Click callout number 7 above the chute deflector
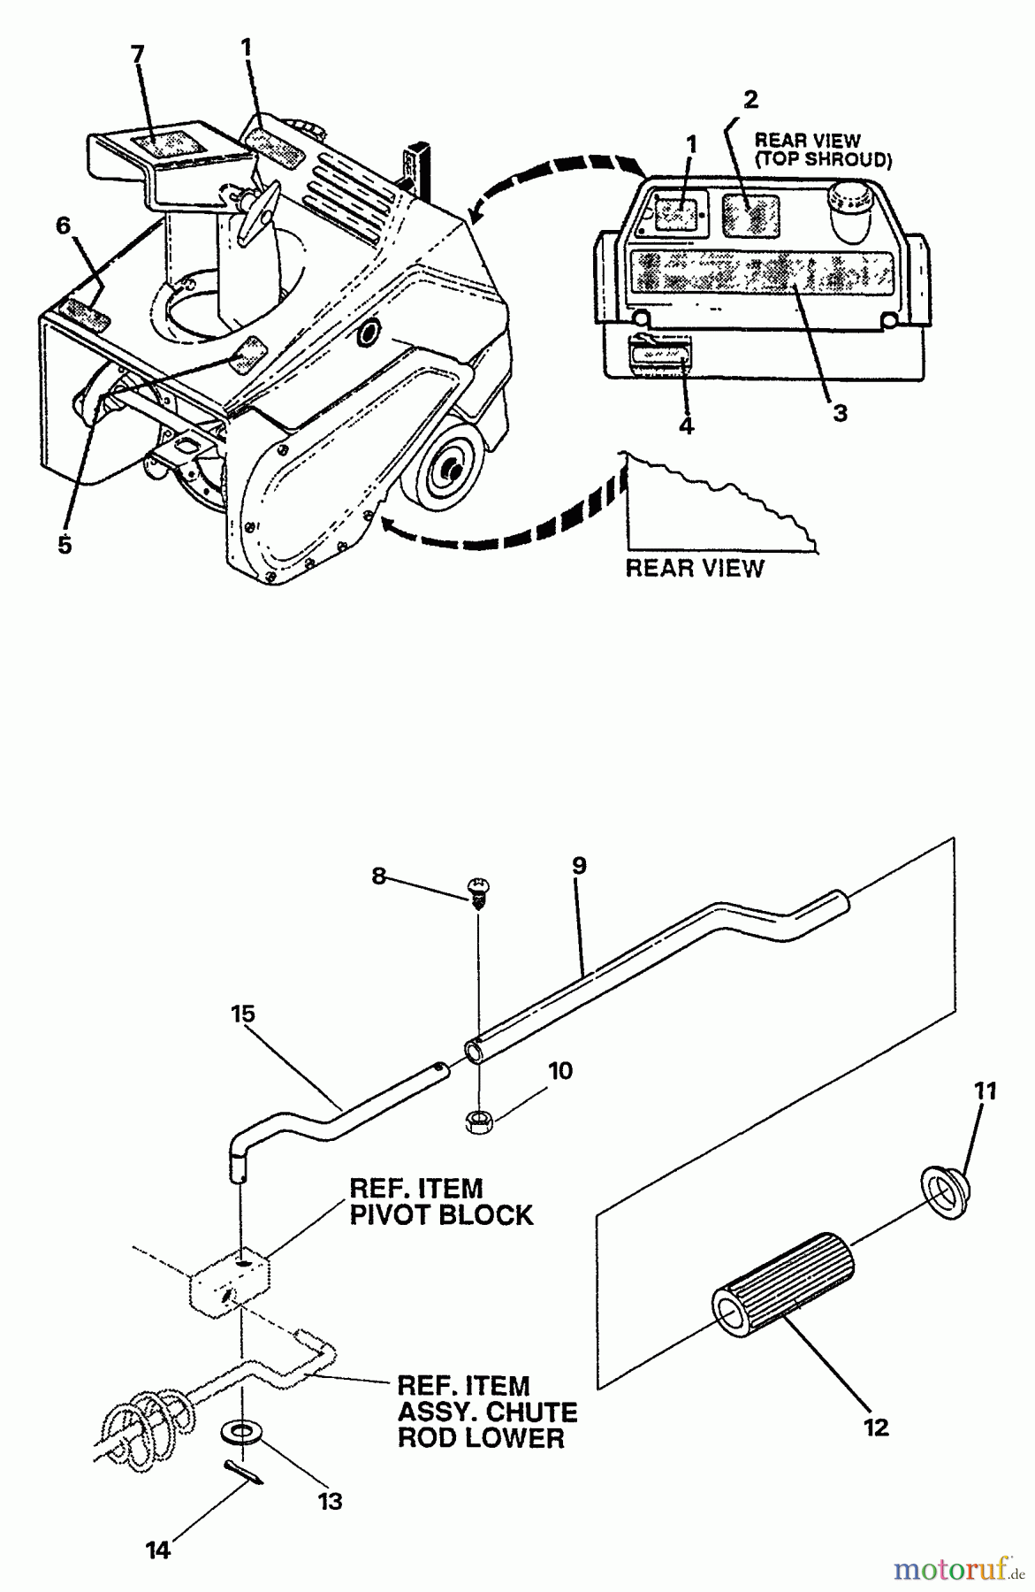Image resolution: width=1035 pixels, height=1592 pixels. click(x=137, y=55)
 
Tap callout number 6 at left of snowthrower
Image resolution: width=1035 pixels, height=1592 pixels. click(x=63, y=226)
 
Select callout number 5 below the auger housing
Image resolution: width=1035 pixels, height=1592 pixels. click(x=65, y=545)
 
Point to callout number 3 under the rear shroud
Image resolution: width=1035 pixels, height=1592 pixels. click(x=840, y=412)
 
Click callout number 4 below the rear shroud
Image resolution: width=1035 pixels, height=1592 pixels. click(x=686, y=425)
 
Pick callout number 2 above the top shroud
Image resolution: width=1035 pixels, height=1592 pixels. click(x=750, y=99)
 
